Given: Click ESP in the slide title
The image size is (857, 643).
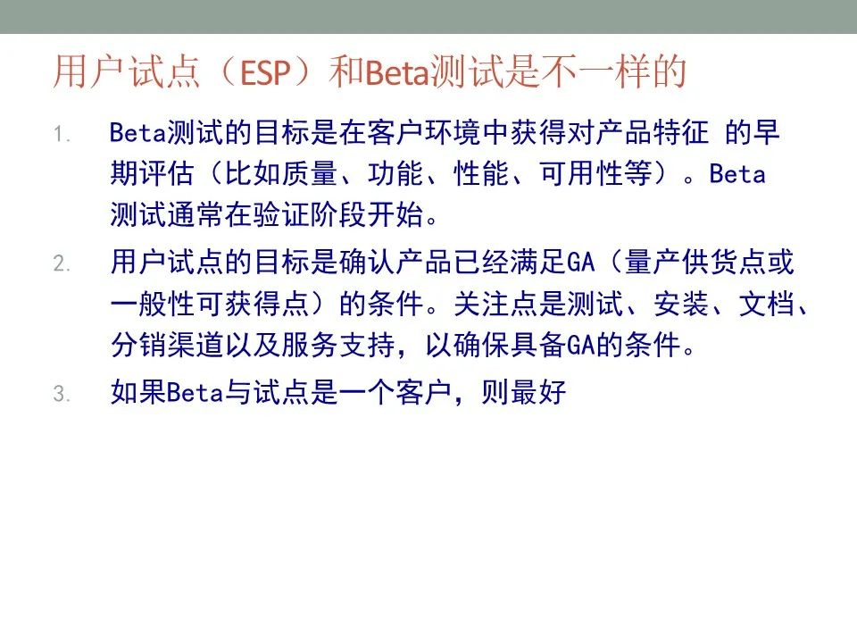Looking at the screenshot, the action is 265,72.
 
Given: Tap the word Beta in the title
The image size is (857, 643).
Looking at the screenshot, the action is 397,72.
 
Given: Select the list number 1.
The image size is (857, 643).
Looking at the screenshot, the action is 62,134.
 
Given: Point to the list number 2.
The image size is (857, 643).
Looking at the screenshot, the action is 62,263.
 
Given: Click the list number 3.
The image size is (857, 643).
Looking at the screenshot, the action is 62,394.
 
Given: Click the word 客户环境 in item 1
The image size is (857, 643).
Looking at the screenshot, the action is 424,133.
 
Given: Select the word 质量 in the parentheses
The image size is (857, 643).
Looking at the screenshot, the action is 310,174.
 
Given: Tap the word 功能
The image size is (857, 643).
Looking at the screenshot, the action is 395,174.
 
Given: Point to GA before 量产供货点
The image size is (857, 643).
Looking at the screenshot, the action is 580,262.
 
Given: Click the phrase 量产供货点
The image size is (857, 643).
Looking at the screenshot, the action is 695,262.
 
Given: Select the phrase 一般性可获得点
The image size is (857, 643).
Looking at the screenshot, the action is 210,304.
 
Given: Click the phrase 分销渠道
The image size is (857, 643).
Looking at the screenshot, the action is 167,345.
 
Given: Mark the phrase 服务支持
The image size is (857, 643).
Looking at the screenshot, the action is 337,345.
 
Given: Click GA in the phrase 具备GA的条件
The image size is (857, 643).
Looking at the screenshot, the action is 580,346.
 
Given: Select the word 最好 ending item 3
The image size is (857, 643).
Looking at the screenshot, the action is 537,392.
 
